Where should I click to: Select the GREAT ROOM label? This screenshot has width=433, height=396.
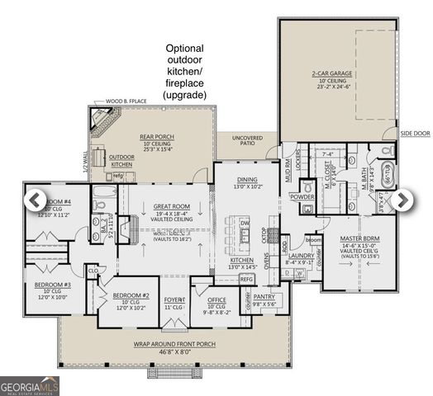pyautogui.click(x=172, y=207)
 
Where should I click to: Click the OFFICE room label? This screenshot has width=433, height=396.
pyautogui.click(x=217, y=300)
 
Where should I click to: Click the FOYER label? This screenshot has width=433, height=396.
pyautogui.click(x=174, y=300)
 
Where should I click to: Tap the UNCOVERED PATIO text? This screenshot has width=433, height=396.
pyautogui.click(x=246, y=141)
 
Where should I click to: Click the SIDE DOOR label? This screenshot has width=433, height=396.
pyautogui.click(x=413, y=132)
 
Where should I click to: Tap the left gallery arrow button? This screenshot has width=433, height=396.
pyautogui.click(x=35, y=199)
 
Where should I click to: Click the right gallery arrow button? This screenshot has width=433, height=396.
pyautogui.click(x=402, y=199)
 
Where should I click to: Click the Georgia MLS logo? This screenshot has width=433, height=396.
pyautogui.click(x=30, y=384)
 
